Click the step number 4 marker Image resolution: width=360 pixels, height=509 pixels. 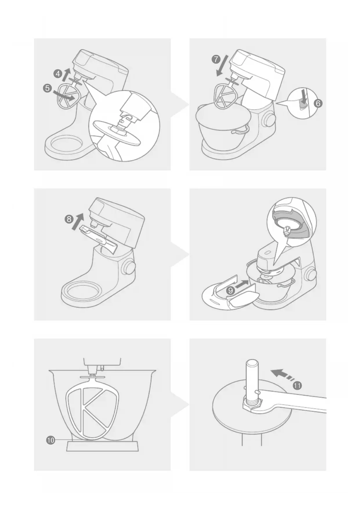(58, 74)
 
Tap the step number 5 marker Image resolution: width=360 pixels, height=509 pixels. (47, 88)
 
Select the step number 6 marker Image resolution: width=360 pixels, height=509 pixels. (318, 103)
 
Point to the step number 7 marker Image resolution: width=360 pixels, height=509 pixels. (216, 59)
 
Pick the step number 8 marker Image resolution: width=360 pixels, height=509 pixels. (69, 219)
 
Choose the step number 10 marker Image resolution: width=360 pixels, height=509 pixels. (50, 440)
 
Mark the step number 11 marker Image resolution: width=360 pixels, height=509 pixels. (297, 386)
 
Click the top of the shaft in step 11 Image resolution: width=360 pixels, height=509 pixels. (252, 363)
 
